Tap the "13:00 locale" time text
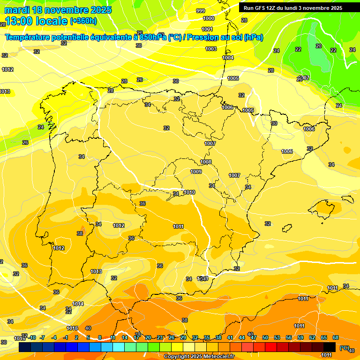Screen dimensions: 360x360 [x=35, y=21]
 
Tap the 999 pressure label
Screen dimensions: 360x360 [x=200, y=11]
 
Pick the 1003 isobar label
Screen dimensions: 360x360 [x=211, y=49]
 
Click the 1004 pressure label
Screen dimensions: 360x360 [x=228, y=58]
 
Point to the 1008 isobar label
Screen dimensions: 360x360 [x=206, y=162]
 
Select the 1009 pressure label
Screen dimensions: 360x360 [x=196, y=172]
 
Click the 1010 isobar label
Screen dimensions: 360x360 [x=189, y=192]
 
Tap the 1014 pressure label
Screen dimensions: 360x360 [x=78, y=304]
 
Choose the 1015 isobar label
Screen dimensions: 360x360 [x=72, y=328]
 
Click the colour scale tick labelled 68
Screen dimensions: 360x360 [x=336, y=337]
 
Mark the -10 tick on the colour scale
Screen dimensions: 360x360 [x=32, y=337]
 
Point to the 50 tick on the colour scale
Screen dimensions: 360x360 [x=265, y=337]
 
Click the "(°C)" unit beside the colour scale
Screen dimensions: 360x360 [x=344, y=348]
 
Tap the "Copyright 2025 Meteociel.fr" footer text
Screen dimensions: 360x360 [x=199, y=357]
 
